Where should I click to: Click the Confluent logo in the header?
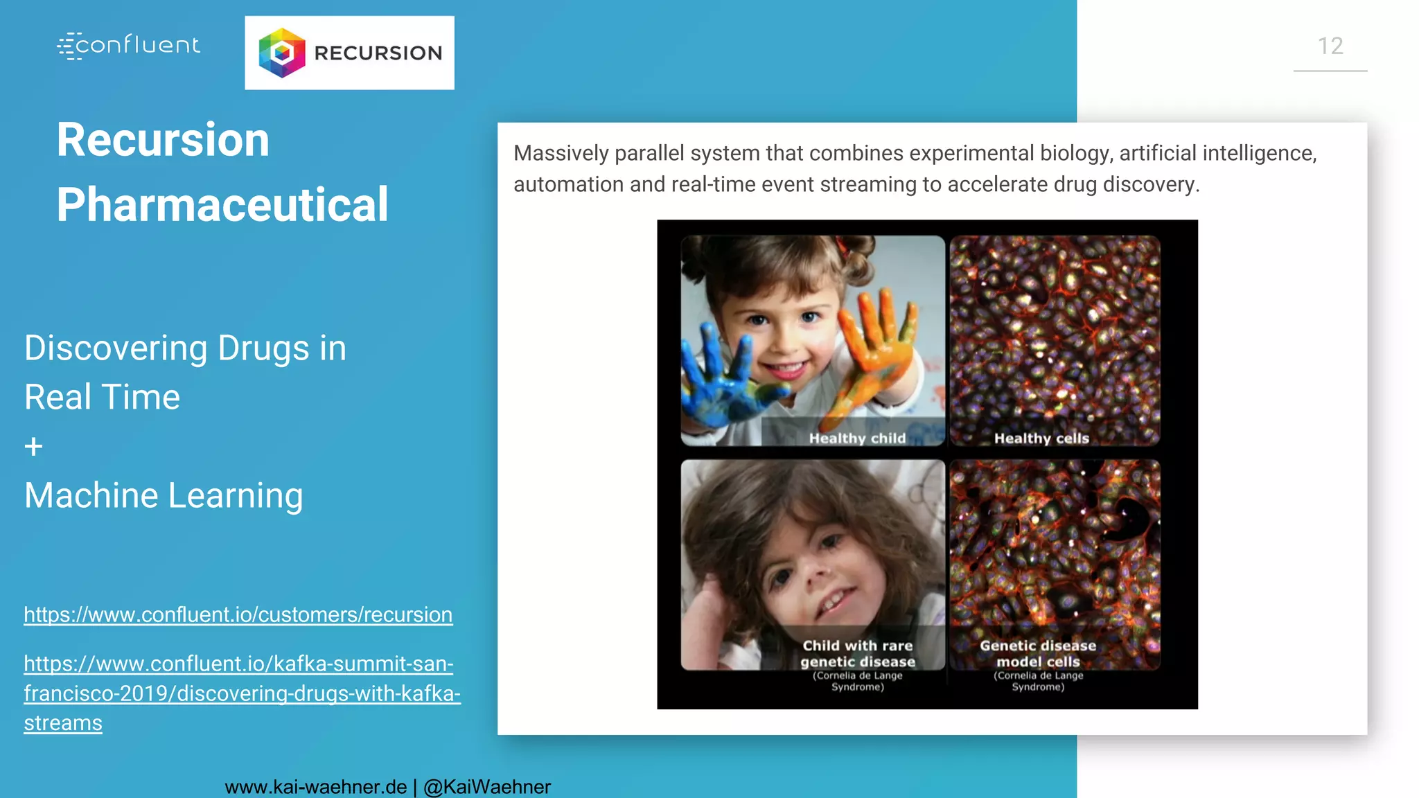(x=129, y=46)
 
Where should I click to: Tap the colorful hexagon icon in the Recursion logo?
(x=281, y=53)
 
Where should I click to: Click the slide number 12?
(x=1330, y=46)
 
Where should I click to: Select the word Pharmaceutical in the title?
(x=222, y=204)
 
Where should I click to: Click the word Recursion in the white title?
(x=163, y=140)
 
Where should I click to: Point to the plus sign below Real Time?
(x=33, y=447)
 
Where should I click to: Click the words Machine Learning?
(x=164, y=495)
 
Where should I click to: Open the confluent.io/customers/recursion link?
(x=238, y=614)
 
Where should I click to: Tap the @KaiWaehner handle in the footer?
(x=486, y=787)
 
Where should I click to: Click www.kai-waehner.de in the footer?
(x=316, y=787)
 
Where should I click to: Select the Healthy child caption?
(x=857, y=438)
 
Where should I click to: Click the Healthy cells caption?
(x=1041, y=438)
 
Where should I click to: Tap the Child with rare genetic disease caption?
(x=858, y=654)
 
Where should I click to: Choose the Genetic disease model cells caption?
(x=1038, y=654)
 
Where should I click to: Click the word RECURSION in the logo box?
(x=378, y=53)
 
